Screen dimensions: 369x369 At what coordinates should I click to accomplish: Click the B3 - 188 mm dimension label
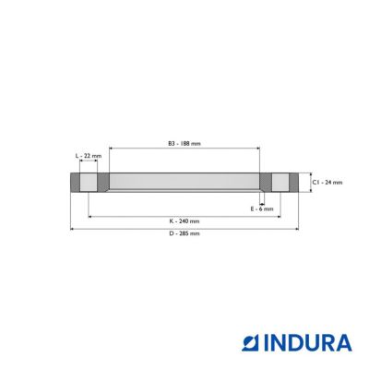[x=184, y=143]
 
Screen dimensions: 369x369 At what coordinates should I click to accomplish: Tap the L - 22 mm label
[x=89, y=156]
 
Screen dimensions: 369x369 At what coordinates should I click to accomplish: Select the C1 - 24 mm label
[x=327, y=183]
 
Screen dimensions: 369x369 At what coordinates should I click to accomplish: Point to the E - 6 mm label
[x=262, y=209]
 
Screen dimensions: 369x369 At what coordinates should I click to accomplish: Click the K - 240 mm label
[x=184, y=221]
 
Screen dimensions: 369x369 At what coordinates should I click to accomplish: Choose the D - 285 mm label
[x=184, y=233]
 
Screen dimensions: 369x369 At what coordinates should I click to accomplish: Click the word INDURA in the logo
[x=307, y=342]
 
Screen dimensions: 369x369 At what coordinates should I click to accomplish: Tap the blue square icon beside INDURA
[x=251, y=343]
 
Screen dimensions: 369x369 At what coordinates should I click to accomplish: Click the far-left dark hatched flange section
[x=76, y=183]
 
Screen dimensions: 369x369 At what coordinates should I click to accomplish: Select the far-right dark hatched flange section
[x=293, y=183]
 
